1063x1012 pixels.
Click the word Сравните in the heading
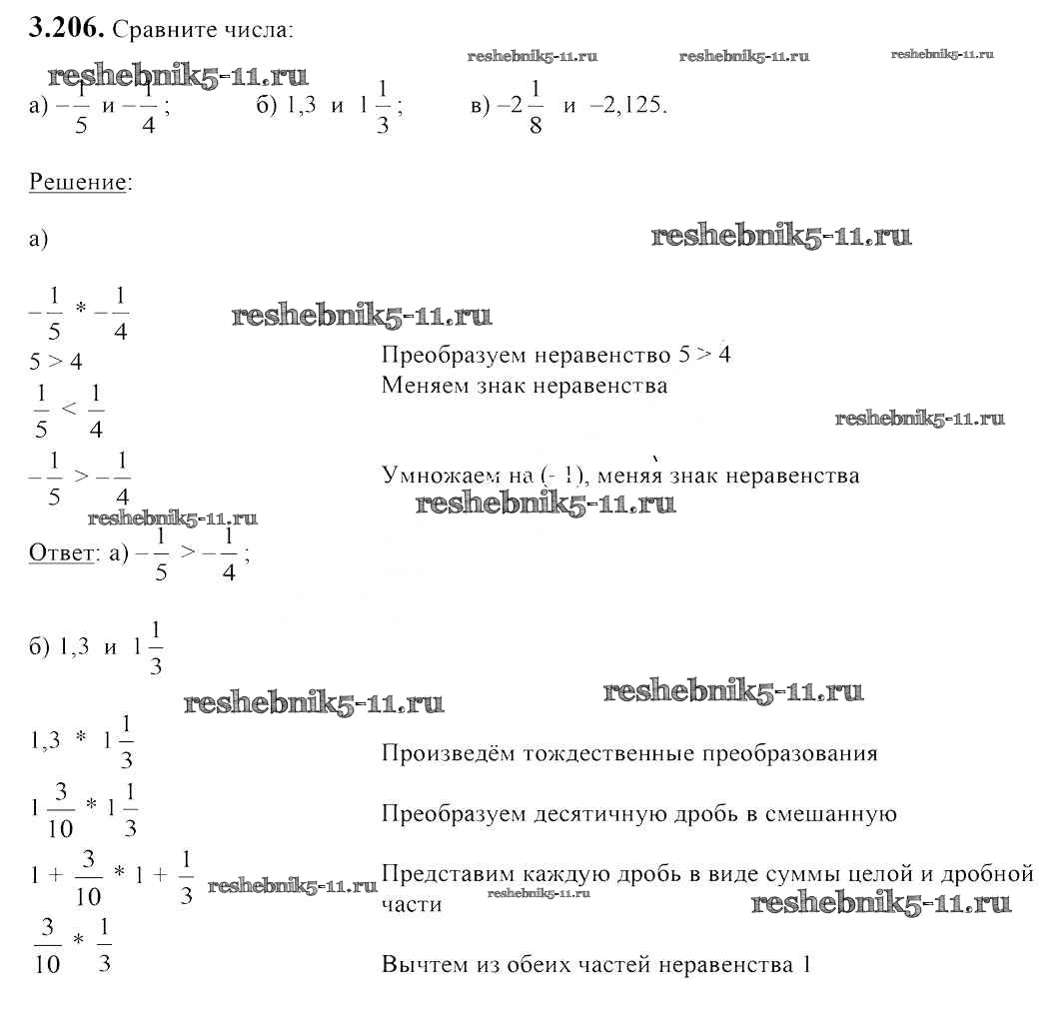click(165, 31)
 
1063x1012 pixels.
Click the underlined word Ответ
click(61, 552)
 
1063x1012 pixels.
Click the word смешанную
click(831, 815)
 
